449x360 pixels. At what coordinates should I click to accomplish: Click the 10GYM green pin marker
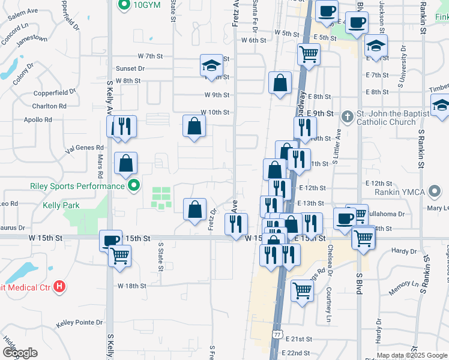(125, 5)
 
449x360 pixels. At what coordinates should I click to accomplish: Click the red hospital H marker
(59, 286)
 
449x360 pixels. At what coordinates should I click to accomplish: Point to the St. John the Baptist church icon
(347, 116)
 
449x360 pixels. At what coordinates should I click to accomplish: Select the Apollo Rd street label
(38, 120)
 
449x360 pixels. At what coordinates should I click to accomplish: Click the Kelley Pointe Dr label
(80, 323)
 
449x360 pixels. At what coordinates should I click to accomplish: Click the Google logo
(19, 353)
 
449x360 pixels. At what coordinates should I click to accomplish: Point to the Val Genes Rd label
(85, 147)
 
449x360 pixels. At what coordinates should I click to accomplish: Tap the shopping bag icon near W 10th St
(194, 126)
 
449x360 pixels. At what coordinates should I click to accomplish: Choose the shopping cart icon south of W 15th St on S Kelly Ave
(120, 255)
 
